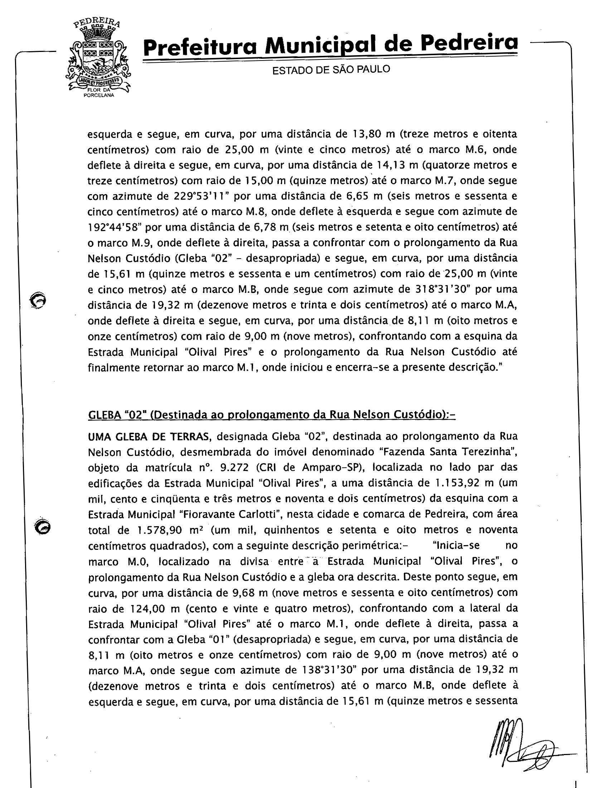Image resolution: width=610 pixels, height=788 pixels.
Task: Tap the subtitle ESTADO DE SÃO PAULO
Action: pos(331,69)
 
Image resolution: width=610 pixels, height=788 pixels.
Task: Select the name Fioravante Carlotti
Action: pos(226,514)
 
